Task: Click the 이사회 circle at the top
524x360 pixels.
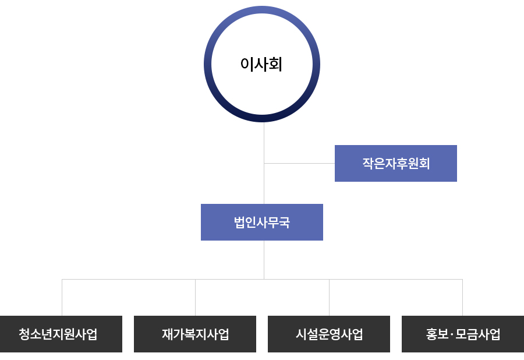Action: coord(262,10)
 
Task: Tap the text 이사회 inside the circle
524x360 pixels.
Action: coord(261,64)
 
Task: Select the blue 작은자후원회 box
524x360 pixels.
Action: coord(396,164)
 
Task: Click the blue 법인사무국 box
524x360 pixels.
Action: coord(262,223)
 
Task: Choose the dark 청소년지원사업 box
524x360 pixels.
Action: coord(61,334)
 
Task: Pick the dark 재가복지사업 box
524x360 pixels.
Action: coord(195,334)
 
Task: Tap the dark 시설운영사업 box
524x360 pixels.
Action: coord(329,334)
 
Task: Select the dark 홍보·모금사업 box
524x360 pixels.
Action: coord(463,334)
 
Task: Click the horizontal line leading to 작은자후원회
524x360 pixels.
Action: coord(299,164)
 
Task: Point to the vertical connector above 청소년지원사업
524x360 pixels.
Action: coord(62,298)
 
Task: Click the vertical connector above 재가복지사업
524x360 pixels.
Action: coord(195,298)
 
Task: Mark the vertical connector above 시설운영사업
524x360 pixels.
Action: coord(329,298)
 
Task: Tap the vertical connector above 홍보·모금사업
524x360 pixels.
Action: coord(462,298)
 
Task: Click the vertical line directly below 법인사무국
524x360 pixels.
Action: coord(264,260)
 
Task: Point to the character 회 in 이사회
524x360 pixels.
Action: coord(275,64)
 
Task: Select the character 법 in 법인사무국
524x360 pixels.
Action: coord(240,223)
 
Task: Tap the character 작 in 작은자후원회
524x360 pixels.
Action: coord(369,164)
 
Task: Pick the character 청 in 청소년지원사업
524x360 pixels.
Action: coord(24,334)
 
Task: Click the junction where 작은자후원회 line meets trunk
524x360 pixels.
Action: coord(264,164)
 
